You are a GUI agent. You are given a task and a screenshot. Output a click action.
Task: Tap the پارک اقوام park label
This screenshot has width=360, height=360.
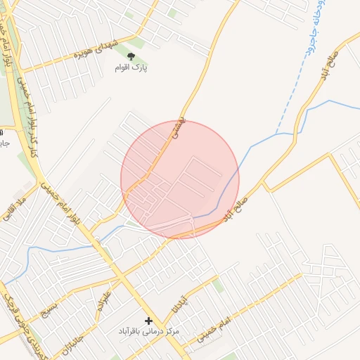[132, 68]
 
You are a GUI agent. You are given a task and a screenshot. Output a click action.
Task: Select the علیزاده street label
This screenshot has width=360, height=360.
[103, 298]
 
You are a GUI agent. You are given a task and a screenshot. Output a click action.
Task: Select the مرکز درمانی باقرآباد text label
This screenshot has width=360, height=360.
[148, 330]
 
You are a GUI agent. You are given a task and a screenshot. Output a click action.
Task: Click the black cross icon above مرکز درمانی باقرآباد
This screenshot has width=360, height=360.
[148, 321]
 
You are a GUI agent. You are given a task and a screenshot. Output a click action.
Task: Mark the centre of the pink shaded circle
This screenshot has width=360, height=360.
[180, 179]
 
